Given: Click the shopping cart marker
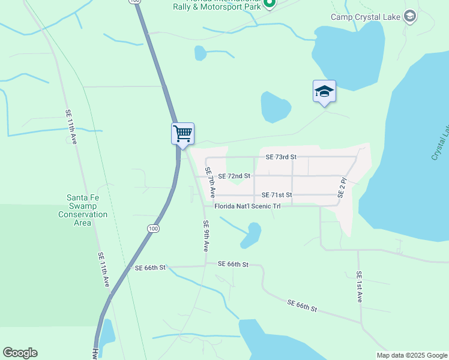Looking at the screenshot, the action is coord(182,133).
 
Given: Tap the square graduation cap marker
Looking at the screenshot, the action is coord(324,92).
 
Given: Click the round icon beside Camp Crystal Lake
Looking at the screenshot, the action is coord(410,16).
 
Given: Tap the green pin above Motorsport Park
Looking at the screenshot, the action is coord(270,4).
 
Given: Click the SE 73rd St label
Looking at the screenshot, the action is coord(282,157).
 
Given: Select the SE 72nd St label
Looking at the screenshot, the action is coord(234,176).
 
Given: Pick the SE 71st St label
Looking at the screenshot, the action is coord(277,195).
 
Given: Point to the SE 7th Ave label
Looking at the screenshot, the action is coord(210,183).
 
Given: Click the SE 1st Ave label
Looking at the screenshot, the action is coord(359,287).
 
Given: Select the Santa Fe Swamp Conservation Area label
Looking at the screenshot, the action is coord(87,210).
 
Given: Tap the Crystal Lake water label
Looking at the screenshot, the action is coord(440,142).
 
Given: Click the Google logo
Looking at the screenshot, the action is coord(20,353).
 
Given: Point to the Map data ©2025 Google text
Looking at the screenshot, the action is coord(411,355).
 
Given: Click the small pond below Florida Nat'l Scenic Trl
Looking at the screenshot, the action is coord(251,235).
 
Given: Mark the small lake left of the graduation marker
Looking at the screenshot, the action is coord(276,106).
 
